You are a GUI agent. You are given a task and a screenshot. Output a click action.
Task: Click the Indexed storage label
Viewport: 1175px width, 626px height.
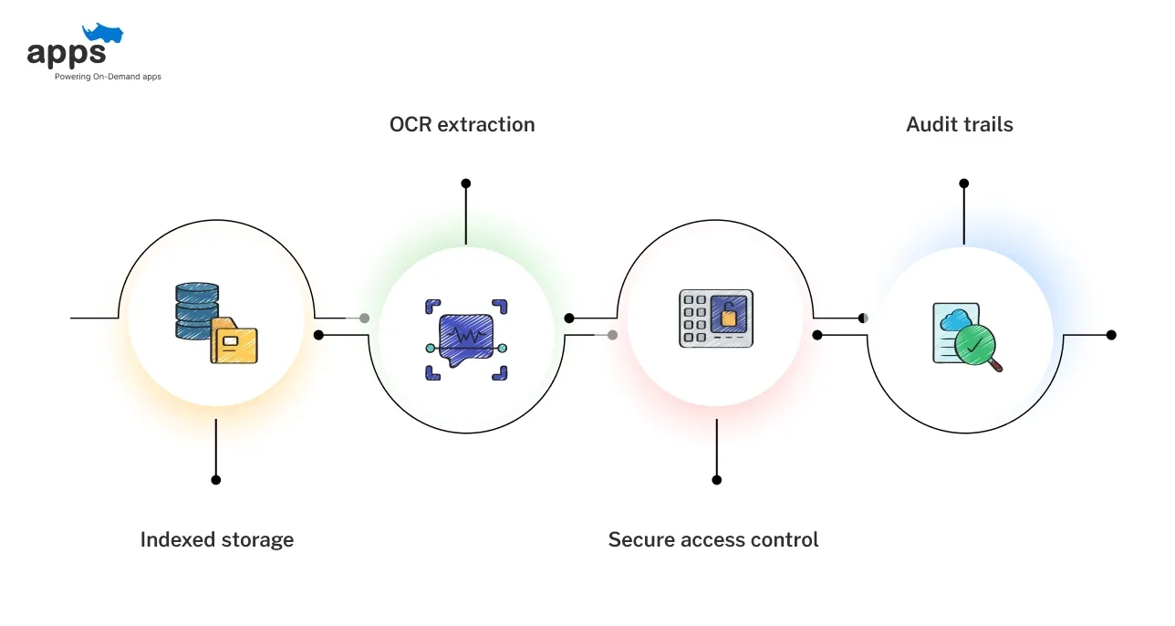pyautogui.click(x=217, y=539)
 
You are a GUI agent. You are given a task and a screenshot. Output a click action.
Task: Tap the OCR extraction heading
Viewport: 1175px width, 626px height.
pyautogui.click(x=462, y=124)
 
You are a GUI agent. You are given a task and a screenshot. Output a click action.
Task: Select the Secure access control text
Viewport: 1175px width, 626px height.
pyautogui.click(x=712, y=539)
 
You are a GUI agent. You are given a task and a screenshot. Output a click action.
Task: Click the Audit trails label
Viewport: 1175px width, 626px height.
pyautogui.click(x=959, y=124)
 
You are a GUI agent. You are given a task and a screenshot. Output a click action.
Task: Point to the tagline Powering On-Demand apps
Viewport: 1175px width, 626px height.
pyautogui.click(x=108, y=77)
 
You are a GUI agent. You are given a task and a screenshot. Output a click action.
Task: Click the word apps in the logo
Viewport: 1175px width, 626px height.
pyautogui.click(x=67, y=53)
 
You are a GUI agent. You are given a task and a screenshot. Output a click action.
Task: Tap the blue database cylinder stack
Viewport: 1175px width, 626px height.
pyautogui.click(x=196, y=310)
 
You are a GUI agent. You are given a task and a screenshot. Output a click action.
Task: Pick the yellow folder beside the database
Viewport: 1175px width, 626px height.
pyautogui.click(x=234, y=342)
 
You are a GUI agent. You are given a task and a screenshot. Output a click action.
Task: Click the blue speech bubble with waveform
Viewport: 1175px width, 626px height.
pyautogui.click(x=465, y=339)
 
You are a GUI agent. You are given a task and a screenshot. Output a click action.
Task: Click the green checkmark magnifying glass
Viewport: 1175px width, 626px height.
pyautogui.click(x=975, y=346)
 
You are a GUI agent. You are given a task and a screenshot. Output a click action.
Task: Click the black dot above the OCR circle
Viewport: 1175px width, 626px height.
pyautogui.click(x=466, y=183)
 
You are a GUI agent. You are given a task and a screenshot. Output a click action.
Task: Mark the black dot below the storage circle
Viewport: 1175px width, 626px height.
pyautogui.click(x=216, y=479)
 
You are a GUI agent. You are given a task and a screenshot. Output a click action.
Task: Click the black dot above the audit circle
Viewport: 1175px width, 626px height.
pyautogui.click(x=963, y=183)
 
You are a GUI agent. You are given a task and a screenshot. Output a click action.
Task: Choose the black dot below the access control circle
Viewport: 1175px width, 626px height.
pyautogui.click(x=716, y=479)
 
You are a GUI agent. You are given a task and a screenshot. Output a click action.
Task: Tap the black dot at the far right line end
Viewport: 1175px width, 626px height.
pyautogui.click(x=1111, y=335)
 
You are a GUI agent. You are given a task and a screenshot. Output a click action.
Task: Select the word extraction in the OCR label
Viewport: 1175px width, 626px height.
pyautogui.click(x=486, y=124)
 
